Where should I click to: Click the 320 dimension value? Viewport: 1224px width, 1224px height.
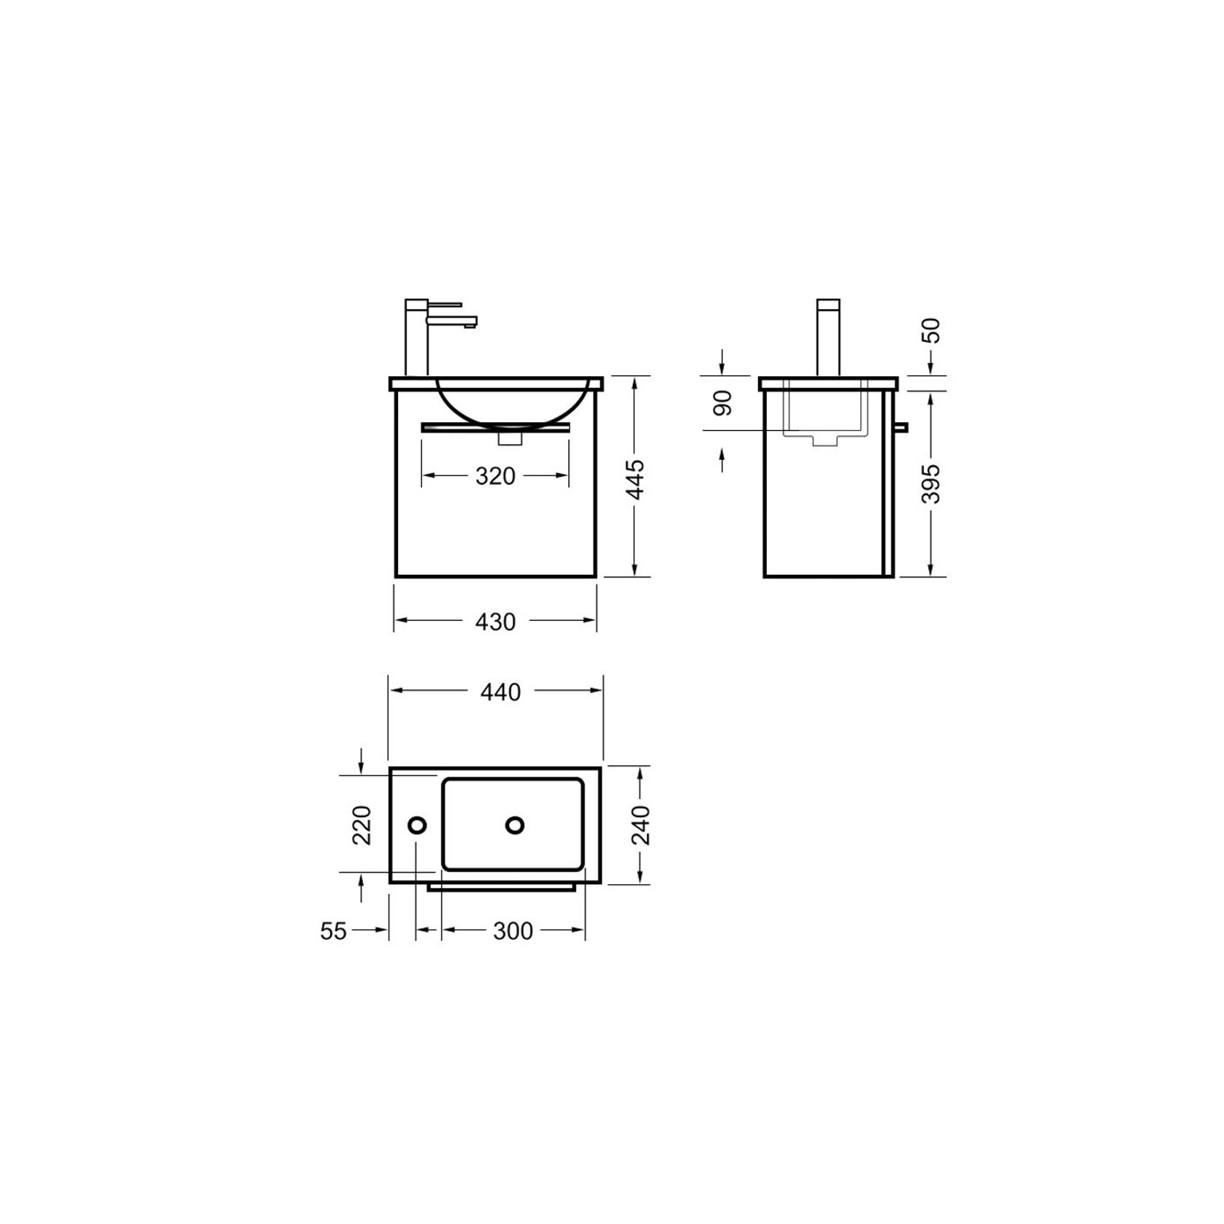495,476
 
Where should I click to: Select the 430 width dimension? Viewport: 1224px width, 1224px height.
495,621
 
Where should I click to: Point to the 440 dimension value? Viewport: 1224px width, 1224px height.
500,692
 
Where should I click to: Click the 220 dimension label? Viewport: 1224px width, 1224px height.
362,825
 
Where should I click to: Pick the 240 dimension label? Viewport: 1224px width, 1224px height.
640,825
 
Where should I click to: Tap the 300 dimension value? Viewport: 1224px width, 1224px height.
513,931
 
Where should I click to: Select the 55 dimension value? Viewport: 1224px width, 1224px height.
333,931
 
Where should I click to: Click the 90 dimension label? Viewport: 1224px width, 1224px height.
722,403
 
